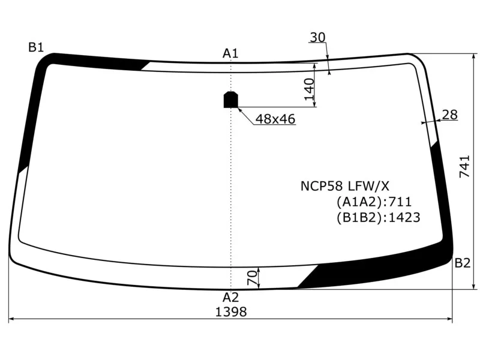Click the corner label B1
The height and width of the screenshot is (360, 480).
36,47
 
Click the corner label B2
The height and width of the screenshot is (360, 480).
462,263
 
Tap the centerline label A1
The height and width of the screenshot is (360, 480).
231,53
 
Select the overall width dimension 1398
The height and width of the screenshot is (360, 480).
231,312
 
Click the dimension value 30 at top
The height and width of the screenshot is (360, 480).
317,38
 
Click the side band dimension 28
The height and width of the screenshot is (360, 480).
449,115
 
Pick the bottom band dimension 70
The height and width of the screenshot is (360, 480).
253,277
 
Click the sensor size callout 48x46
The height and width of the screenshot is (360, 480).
275,119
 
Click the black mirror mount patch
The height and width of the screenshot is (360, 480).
231,100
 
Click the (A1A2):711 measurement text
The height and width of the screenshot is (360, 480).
374,202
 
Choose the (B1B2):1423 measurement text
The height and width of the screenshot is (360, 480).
378,217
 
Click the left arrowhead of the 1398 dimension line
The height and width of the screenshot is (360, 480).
12,320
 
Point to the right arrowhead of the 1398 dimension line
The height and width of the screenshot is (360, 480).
449,320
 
